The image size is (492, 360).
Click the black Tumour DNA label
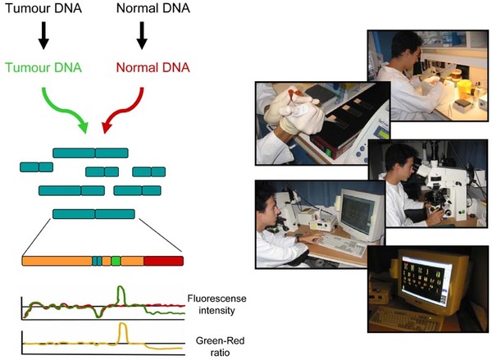coord(43,8)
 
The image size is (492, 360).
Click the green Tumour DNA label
coord(43,67)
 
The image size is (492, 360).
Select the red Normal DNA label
coord(153,67)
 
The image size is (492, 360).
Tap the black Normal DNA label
coord(153,8)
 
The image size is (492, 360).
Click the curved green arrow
coord(66,111)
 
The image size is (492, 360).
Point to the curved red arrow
coord(125,111)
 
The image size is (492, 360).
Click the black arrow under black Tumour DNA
coord(43,35)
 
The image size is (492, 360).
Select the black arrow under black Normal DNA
coord(142,35)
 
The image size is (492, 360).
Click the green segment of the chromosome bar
coord(116,261)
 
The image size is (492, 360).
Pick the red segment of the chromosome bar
coord(163,261)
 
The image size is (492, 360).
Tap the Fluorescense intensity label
coord(216,304)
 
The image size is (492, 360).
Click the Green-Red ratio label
coord(220,347)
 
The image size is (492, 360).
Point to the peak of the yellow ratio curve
coord(123,323)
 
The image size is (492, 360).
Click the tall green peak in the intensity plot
coord(121,286)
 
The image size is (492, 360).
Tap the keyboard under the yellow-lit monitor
coord(407,318)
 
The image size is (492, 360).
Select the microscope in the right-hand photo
coord(444,188)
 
